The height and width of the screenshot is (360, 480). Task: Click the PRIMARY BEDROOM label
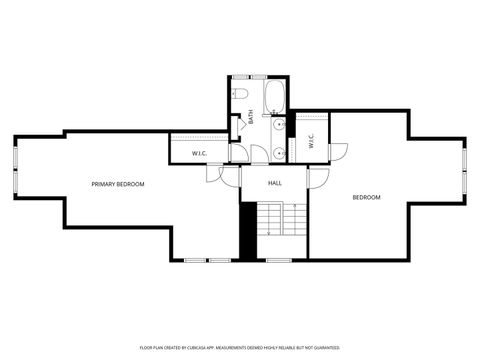tap(118, 184)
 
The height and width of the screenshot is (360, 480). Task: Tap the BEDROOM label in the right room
tap(366, 197)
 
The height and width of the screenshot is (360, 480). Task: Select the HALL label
tap(275, 183)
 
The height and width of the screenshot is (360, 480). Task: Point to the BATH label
tap(251, 117)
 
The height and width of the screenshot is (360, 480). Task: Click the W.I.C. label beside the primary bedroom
tap(199, 153)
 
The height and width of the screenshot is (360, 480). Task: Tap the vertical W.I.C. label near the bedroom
tap(311, 141)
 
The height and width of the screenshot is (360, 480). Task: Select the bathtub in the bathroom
tap(276, 97)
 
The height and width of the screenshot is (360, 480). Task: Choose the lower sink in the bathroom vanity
tap(280, 152)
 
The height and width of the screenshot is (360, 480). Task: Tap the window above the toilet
tap(241, 76)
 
